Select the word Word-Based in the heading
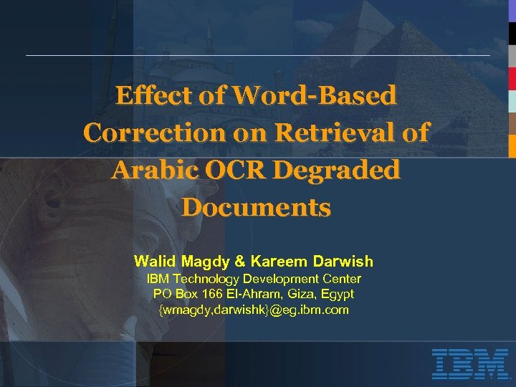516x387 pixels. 315,95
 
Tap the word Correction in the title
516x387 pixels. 154,133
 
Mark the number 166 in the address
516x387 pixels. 213,294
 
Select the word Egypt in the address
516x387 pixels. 337,294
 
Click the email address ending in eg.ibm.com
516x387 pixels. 253,310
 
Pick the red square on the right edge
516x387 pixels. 512,78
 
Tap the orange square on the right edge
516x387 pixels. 512,145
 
